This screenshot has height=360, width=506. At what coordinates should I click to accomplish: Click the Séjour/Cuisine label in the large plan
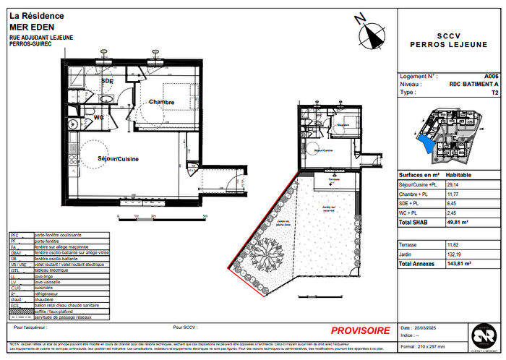click(x=119, y=158)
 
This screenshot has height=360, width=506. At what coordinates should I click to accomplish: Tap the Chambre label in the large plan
click(x=162, y=102)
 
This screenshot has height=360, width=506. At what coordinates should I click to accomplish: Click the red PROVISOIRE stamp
click(x=360, y=330)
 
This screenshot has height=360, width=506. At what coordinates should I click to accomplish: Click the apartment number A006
click(x=491, y=76)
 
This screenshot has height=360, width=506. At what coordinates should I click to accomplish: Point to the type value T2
click(x=494, y=93)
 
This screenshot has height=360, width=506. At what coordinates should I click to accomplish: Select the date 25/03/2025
click(x=426, y=327)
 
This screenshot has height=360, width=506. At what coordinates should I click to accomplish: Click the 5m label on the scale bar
click(x=205, y=216)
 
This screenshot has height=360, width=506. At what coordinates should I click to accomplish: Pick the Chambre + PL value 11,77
click(x=452, y=194)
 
